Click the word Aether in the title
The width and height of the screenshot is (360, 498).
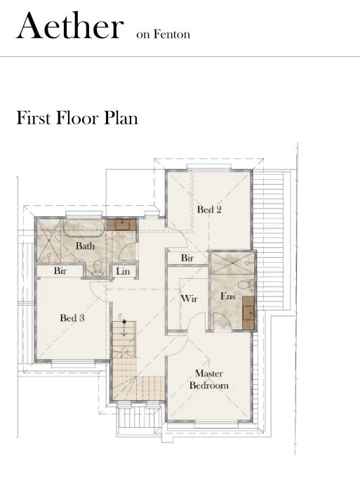[x=69, y=26]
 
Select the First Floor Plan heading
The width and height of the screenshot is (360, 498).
[x=77, y=117]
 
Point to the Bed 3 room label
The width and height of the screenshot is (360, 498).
[x=72, y=318]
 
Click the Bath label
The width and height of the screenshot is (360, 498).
[x=86, y=247]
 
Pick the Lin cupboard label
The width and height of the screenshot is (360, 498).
[x=123, y=270]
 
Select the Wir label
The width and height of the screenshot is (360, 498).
[x=189, y=299]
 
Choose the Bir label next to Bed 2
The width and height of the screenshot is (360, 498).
[x=187, y=258]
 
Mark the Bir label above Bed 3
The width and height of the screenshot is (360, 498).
[x=60, y=270]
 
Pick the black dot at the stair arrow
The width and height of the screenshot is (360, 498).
[x=124, y=321]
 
